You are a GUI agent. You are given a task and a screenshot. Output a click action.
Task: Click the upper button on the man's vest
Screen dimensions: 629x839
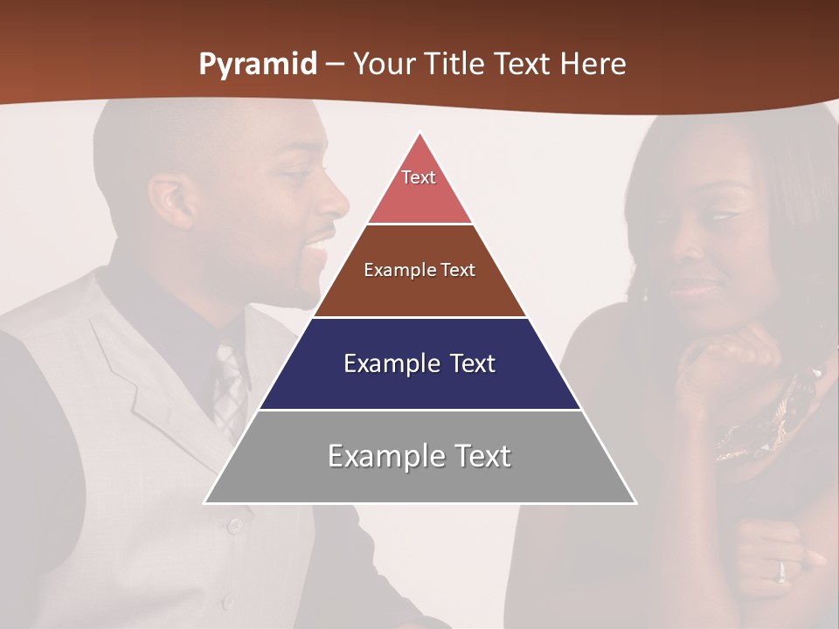coord(233,525)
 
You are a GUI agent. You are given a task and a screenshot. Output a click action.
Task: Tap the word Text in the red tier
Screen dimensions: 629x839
coord(419,177)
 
